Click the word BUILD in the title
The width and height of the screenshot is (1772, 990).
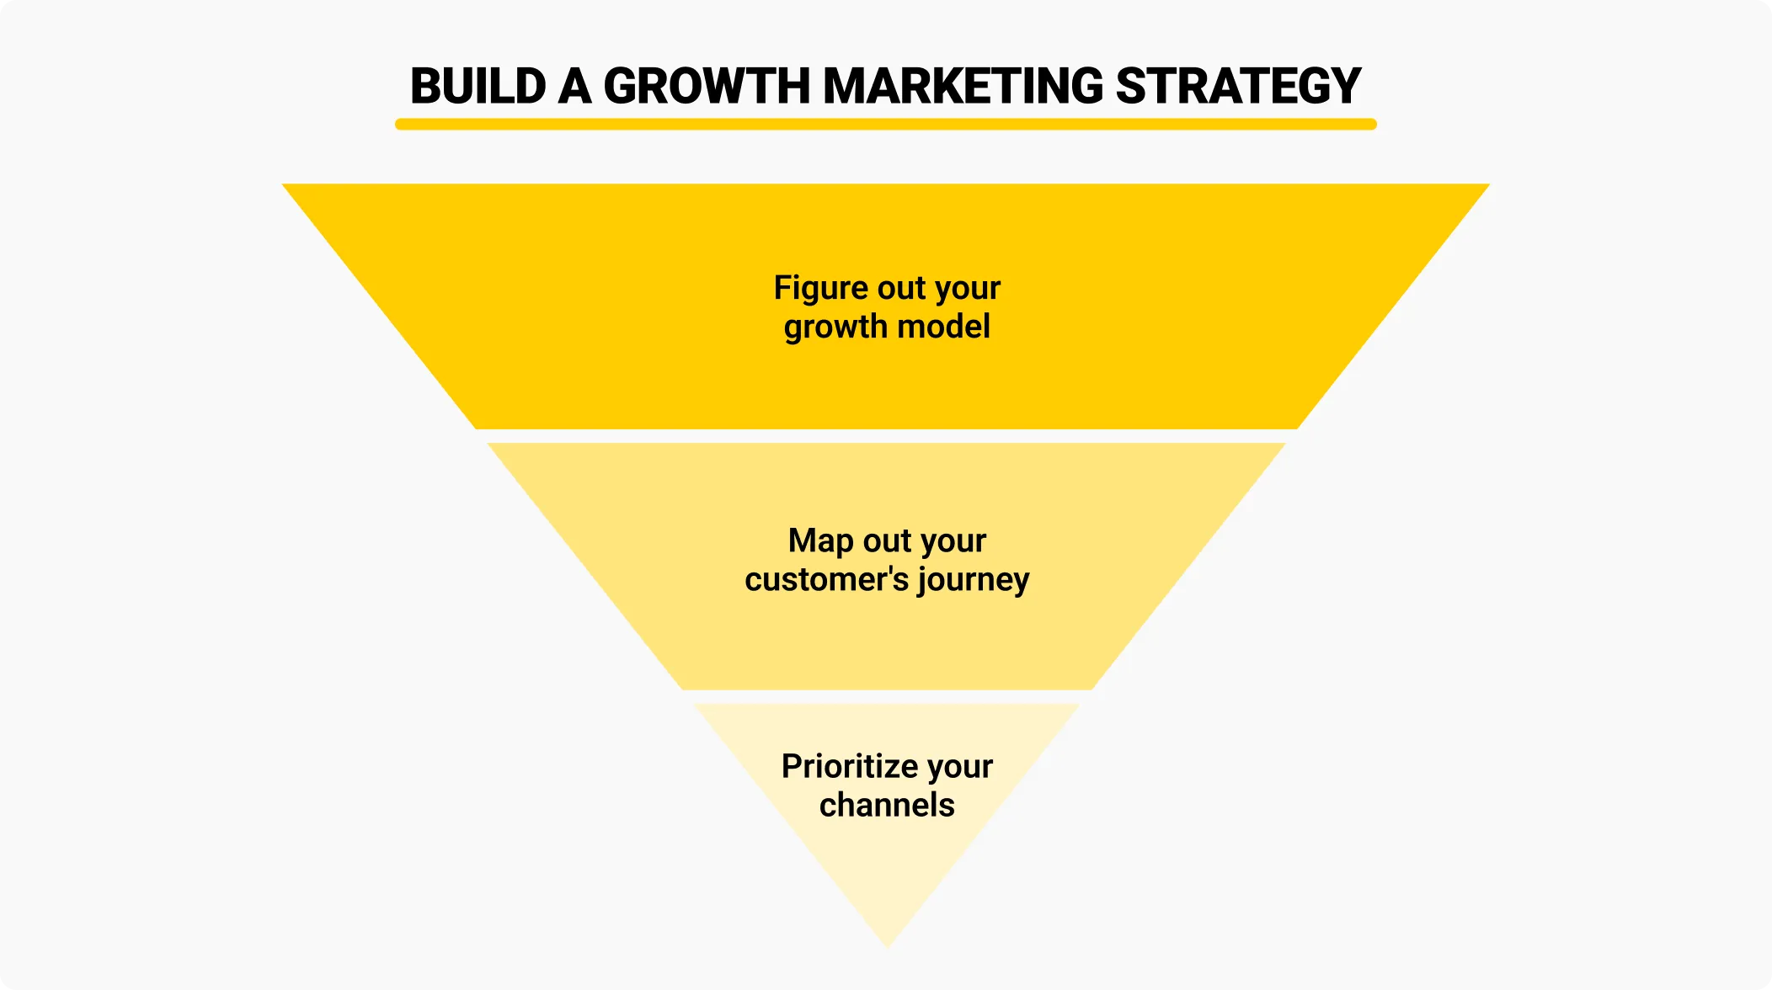pyautogui.click(x=478, y=86)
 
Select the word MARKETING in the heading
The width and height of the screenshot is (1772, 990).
pyautogui.click(x=963, y=86)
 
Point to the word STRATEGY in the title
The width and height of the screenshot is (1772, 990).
pyautogui.click(x=1238, y=86)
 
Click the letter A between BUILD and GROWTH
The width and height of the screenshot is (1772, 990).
pyautogui.click(x=575, y=86)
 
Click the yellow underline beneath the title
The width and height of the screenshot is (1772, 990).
pyautogui.click(x=886, y=125)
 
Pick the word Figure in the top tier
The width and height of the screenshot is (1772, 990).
pyautogui.click(x=820, y=288)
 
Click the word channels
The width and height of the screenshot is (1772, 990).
pyautogui.click(x=887, y=805)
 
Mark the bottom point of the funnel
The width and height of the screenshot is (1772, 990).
pyautogui.click(x=888, y=945)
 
